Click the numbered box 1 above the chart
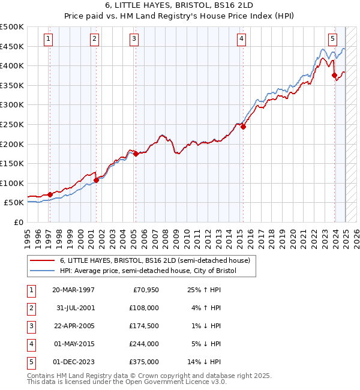tap(48, 39)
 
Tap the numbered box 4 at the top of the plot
tap(241, 39)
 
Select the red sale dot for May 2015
tap(244, 127)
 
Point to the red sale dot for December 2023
tap(334, 75)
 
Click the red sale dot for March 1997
tap(50, 194)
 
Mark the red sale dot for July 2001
tap(96, 180)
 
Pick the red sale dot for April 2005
tap(136, 154)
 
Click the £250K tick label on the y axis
tap(12, 124)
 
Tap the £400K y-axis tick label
tap(12, 65)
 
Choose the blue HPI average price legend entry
tap(148, 271)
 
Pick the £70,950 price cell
tap(144, 290)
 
